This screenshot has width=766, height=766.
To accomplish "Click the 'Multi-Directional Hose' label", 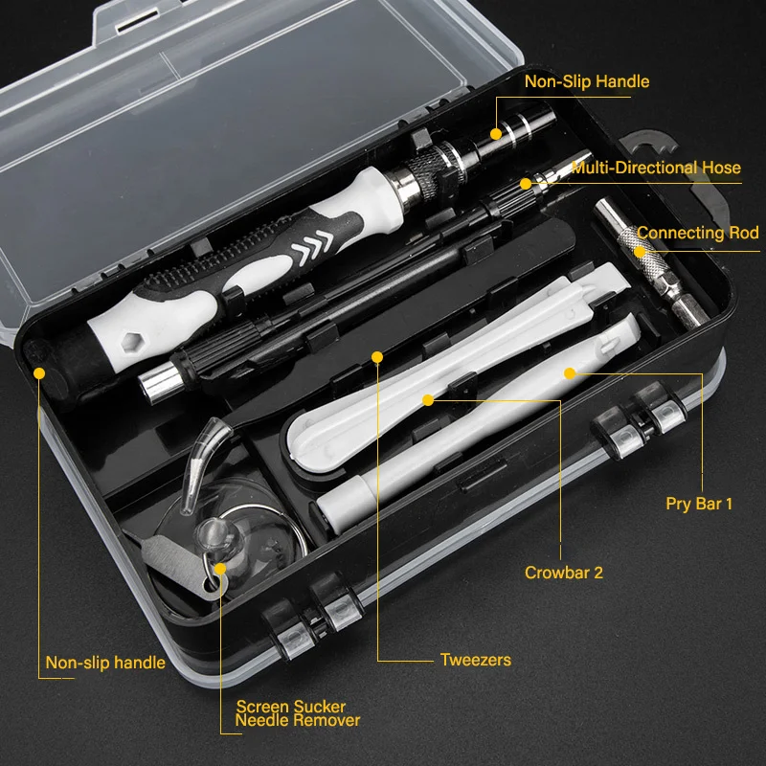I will click(656, 168).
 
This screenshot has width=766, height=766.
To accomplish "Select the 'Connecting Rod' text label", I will click(697, 233).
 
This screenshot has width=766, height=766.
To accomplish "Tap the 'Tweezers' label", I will click(475, 660).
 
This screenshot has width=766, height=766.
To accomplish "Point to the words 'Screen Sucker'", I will click(291, 708).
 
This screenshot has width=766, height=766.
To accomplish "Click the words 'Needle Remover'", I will click(298, 720).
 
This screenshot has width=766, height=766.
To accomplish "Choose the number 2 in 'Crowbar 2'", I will click(597, 574).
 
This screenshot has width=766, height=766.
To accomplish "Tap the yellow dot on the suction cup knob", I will click(220, 568).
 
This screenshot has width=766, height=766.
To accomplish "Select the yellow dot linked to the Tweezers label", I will click(377, 357).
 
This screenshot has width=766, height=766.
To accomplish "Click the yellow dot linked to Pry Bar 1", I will click(569, 372).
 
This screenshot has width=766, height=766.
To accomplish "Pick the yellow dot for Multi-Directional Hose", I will click(525, 182).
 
